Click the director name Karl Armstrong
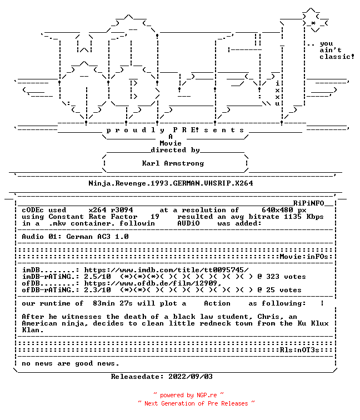pos(173,163)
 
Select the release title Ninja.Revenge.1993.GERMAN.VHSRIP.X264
pos(171,183)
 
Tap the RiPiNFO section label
pos(308,203)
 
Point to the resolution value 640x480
pos(277,210)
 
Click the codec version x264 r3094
pos(111,210)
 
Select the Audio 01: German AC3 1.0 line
pos(75,237)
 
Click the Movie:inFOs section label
pos(304,257)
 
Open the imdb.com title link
pos(166,270)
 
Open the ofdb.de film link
pos(153,283)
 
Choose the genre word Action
pos(217,303)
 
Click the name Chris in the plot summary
pos(268,317)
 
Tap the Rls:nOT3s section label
pos(299,350)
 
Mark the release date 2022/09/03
pos(191,377)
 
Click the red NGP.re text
pos(207,395)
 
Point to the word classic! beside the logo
pos(337,57)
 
